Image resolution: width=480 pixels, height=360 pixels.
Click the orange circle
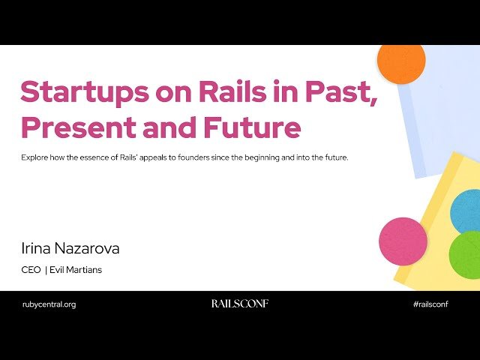401,61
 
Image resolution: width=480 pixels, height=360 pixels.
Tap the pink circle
403,241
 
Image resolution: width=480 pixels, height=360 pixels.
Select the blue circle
466,211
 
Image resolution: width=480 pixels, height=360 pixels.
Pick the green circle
466,255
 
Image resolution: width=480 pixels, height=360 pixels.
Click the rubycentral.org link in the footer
49,304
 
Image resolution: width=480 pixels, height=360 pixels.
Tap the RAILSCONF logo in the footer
239,304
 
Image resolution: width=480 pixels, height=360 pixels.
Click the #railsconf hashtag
430,304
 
